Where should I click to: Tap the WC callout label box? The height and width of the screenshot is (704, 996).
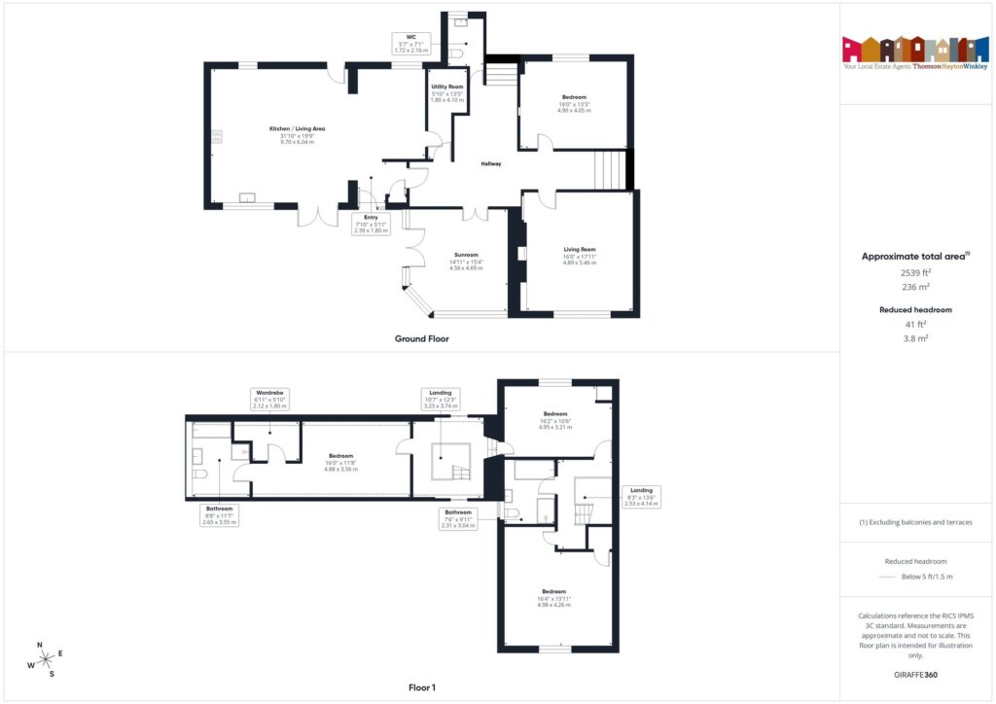411,43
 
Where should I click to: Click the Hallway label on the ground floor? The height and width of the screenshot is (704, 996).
491,163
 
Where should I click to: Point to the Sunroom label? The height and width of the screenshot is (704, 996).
466,259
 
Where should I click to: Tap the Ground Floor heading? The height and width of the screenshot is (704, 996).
421,338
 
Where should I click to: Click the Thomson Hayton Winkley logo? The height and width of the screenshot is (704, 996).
915,53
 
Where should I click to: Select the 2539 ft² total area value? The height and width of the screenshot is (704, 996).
915,273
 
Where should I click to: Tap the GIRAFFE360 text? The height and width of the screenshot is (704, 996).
915,674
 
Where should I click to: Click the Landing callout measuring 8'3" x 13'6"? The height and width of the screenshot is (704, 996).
641,496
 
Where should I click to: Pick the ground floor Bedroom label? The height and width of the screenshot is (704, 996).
574,103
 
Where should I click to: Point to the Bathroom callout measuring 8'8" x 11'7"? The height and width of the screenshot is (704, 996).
220,515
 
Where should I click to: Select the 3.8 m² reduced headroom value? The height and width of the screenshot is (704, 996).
915,337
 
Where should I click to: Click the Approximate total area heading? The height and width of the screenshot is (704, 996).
915,257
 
